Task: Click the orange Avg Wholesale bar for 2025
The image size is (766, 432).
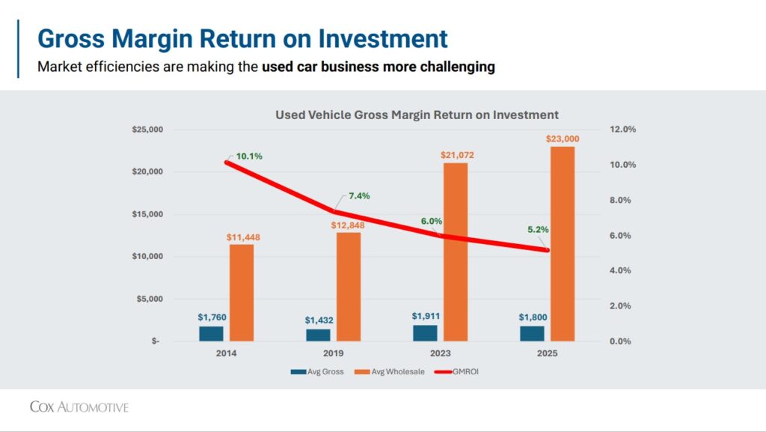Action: [562, 243]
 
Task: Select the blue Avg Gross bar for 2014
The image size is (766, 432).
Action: [211, 333]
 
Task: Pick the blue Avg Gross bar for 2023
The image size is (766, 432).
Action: [425, 332]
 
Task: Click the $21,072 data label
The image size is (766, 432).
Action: [456, 155]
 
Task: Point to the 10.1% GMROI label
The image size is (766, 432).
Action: [249, 156]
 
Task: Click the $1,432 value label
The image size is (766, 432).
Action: [319, 320]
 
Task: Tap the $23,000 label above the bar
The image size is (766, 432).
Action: [562, 139]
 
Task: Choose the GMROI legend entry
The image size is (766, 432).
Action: [457, 371]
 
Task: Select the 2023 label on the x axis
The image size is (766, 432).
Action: [441, 353]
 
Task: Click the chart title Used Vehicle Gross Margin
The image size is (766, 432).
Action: [417, 115]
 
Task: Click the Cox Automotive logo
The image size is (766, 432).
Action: [79, 407]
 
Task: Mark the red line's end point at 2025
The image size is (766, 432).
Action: [548, 250]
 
